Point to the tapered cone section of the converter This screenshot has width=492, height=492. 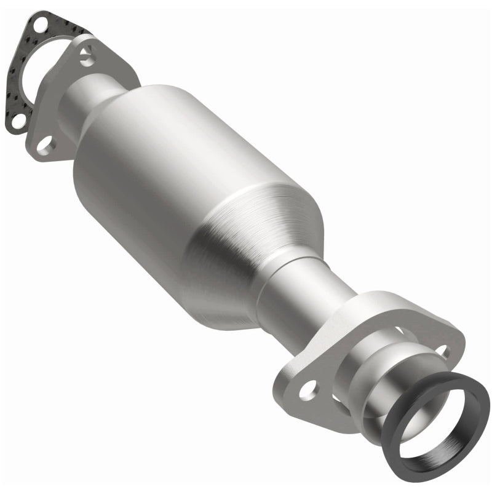coord(258,246)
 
